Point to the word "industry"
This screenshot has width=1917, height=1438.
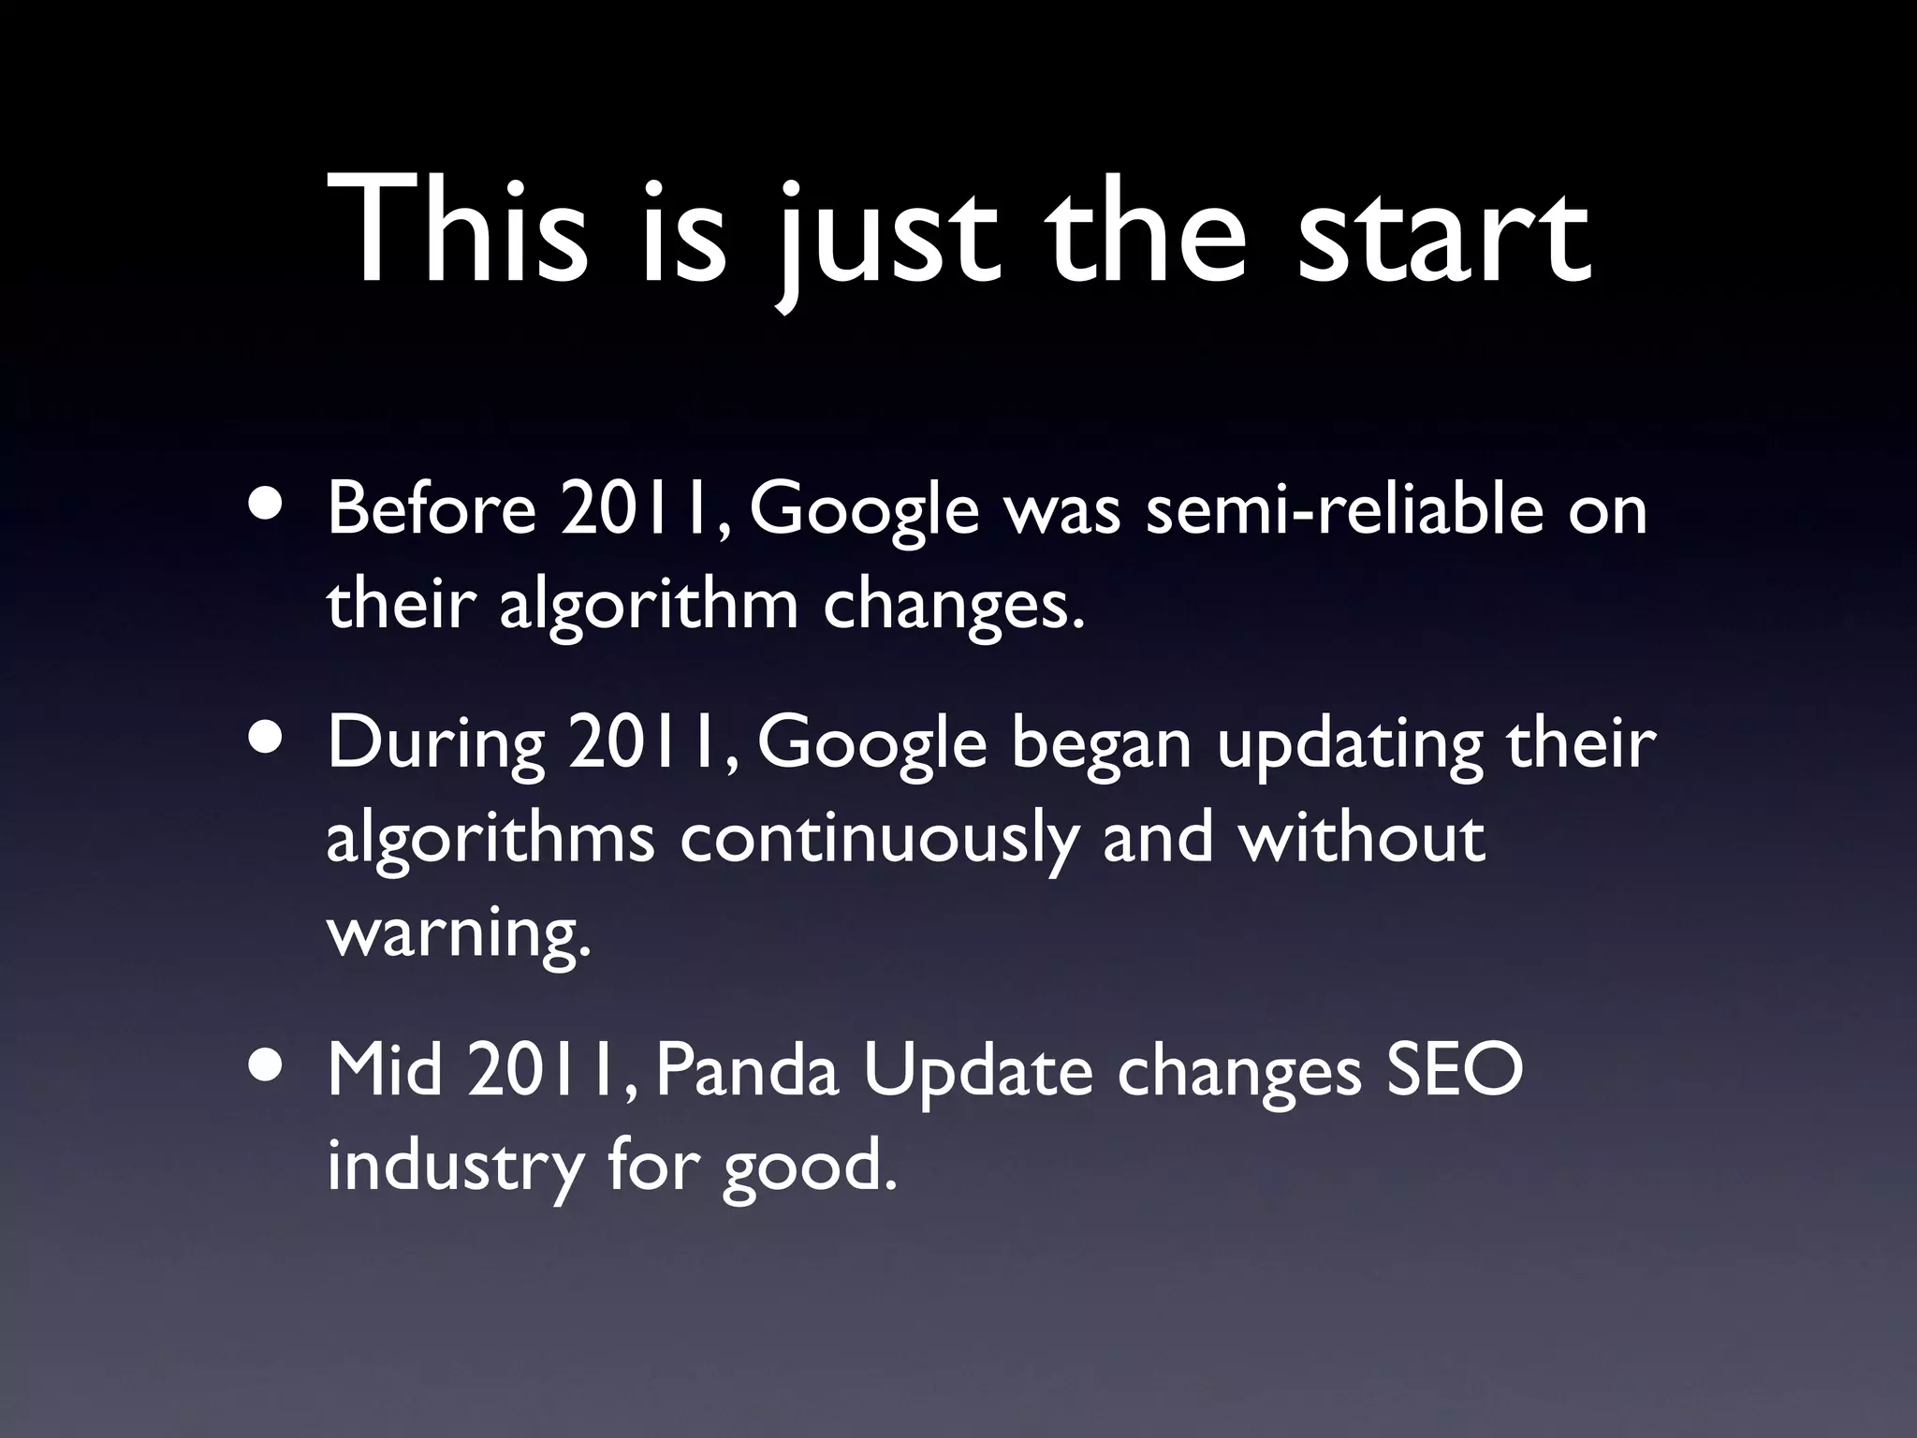[453, 1169]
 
